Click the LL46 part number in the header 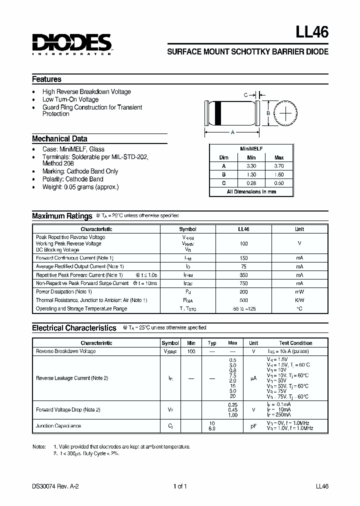[x=312, y=32]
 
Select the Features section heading [x=47, y=79]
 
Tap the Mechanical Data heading [x=59, y=139]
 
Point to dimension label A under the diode [x=232, y=132]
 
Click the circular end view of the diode [x=286, y=113]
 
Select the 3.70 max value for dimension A [x=279, y=165]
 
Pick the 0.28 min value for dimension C [x=251, y=183]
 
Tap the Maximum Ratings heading [x=62, y=216]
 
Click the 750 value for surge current [x=243, y=283]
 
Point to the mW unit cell [x=299, y=291]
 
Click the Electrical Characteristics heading [x=74, y=328]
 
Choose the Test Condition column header [x=295, y=343]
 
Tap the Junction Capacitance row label [x=58, y=426]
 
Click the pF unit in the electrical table [x=253, y=426]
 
